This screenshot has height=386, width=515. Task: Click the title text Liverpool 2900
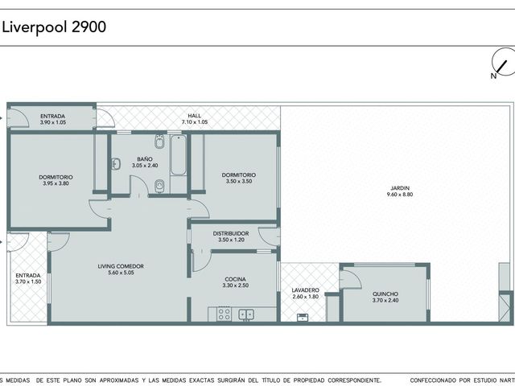pos(54,27)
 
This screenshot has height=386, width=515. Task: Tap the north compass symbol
pos(502,63)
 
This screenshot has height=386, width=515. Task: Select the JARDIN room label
pos(400,188)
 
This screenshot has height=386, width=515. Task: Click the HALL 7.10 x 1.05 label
pos(195,119)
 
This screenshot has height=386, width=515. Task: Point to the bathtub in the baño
pos(179,155)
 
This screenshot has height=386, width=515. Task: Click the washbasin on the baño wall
pos(116,163)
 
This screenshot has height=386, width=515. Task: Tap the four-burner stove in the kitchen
pos(225,314)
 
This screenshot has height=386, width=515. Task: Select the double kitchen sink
pos(246,314)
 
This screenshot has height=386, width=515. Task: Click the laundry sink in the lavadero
pos(303,318)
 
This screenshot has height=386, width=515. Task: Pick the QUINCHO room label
pos(385,294)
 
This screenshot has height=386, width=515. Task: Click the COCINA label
pos(236,279)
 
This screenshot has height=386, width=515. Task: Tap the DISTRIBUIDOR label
pos(231,233)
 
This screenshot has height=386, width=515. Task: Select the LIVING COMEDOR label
pos(121,266)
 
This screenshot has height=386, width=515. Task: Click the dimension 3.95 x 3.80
pos(56,183)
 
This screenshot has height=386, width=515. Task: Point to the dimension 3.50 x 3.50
pos(239,181)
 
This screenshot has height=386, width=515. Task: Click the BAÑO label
pos(145,159)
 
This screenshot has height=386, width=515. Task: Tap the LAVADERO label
pos(306,290)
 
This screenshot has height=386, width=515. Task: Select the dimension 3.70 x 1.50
pos(28,281)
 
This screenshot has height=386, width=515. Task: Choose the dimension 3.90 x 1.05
pos(53,122)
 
